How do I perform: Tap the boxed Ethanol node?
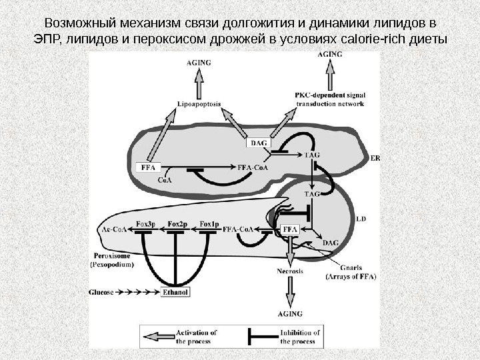(x=176, y=292)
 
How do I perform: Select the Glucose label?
(x=101, y=292)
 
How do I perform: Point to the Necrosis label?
(x=289, y=271)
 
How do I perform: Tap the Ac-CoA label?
(x=113, y=229)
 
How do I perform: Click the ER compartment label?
(x=375, y=158)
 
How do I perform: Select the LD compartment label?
(x=361, y=218)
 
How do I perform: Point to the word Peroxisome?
(x=111, y=256)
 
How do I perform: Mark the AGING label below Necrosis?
(x=291, y=313)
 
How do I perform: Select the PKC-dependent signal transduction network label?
(x=329, y=100)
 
